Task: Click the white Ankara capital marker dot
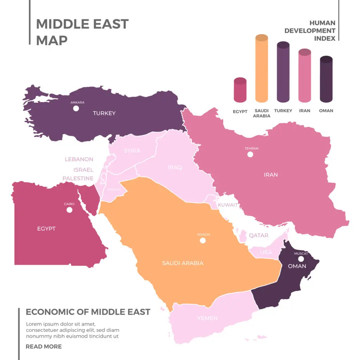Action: (76, 108)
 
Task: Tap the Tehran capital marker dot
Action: (250, 154)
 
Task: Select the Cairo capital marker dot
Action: (69, 210)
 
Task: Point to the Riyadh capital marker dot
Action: (202, 240)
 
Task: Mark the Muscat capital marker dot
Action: (301, 259)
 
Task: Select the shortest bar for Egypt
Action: (240, 90)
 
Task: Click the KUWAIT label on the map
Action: (227, 205)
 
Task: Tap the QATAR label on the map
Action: (258, 236)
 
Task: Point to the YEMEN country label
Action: (207, 318)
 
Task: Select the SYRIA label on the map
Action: (132, 151)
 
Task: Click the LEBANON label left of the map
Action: (79, 159)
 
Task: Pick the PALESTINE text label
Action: (78, 178)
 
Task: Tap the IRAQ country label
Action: (175, 168)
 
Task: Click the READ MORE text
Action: (44, 347)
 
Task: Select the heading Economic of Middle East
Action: (88, 312)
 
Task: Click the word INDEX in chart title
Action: (324, 39)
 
